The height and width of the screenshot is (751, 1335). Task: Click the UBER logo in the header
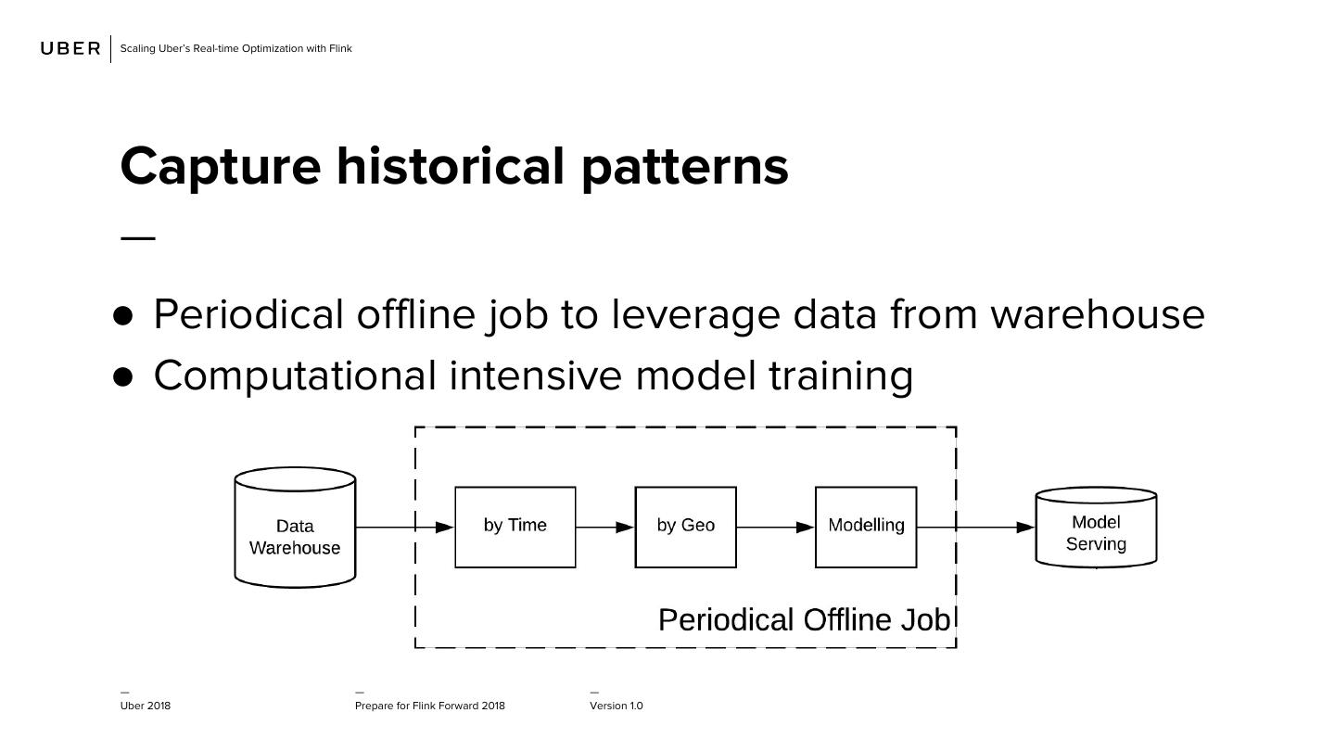(x=70, y=48)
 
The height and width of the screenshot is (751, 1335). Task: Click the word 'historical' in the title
(x=450, y=167)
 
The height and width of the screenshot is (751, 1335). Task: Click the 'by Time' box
(x=515, y=527)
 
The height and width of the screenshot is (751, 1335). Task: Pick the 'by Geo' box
(x=686, y=527)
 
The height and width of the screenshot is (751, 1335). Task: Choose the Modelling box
(x=866, y=527)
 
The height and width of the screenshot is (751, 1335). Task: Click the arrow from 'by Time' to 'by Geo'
(x=604, y=527)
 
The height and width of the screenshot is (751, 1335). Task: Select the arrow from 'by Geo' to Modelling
(x=776, y=527)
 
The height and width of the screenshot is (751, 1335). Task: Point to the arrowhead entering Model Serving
(x=1025, y=527)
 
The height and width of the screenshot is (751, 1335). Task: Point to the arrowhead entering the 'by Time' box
(x=444, y=527)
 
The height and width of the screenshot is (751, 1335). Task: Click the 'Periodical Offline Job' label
(x=805, y=620)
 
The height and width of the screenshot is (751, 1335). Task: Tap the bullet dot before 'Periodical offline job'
(x=122, y=316)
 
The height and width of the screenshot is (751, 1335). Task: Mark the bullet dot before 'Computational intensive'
(x=122, y=377)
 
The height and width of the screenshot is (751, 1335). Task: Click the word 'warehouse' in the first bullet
(x=1098, y=315)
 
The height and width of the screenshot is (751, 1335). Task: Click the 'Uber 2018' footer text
(x=146, y=706)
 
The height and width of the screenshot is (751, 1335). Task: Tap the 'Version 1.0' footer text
(x=617, y=706)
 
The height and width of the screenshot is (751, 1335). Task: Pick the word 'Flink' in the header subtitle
(x=340, y=48)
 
